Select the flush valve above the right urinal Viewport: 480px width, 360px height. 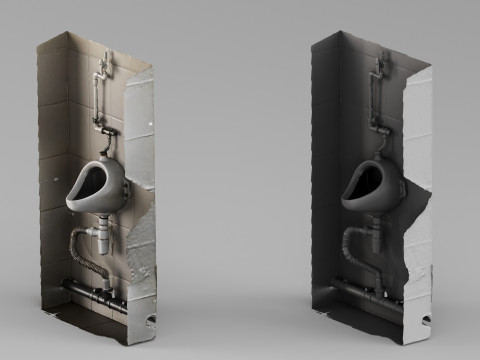[381, 131]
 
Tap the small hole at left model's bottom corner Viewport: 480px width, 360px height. [150, 321]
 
